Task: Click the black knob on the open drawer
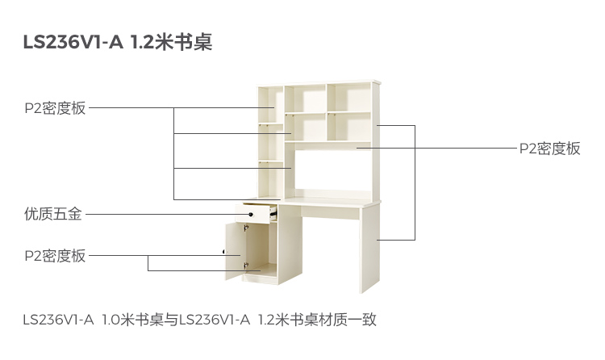pos(251,215)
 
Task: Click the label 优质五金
pos(53,215)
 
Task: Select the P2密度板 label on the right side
pos(549,149)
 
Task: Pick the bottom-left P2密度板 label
pos(54,256)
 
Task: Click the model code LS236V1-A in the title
pos(73,42)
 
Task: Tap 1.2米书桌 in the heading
pos(171,42)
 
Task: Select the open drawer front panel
pos(253,215)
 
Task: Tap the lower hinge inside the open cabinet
pos(246,264)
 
